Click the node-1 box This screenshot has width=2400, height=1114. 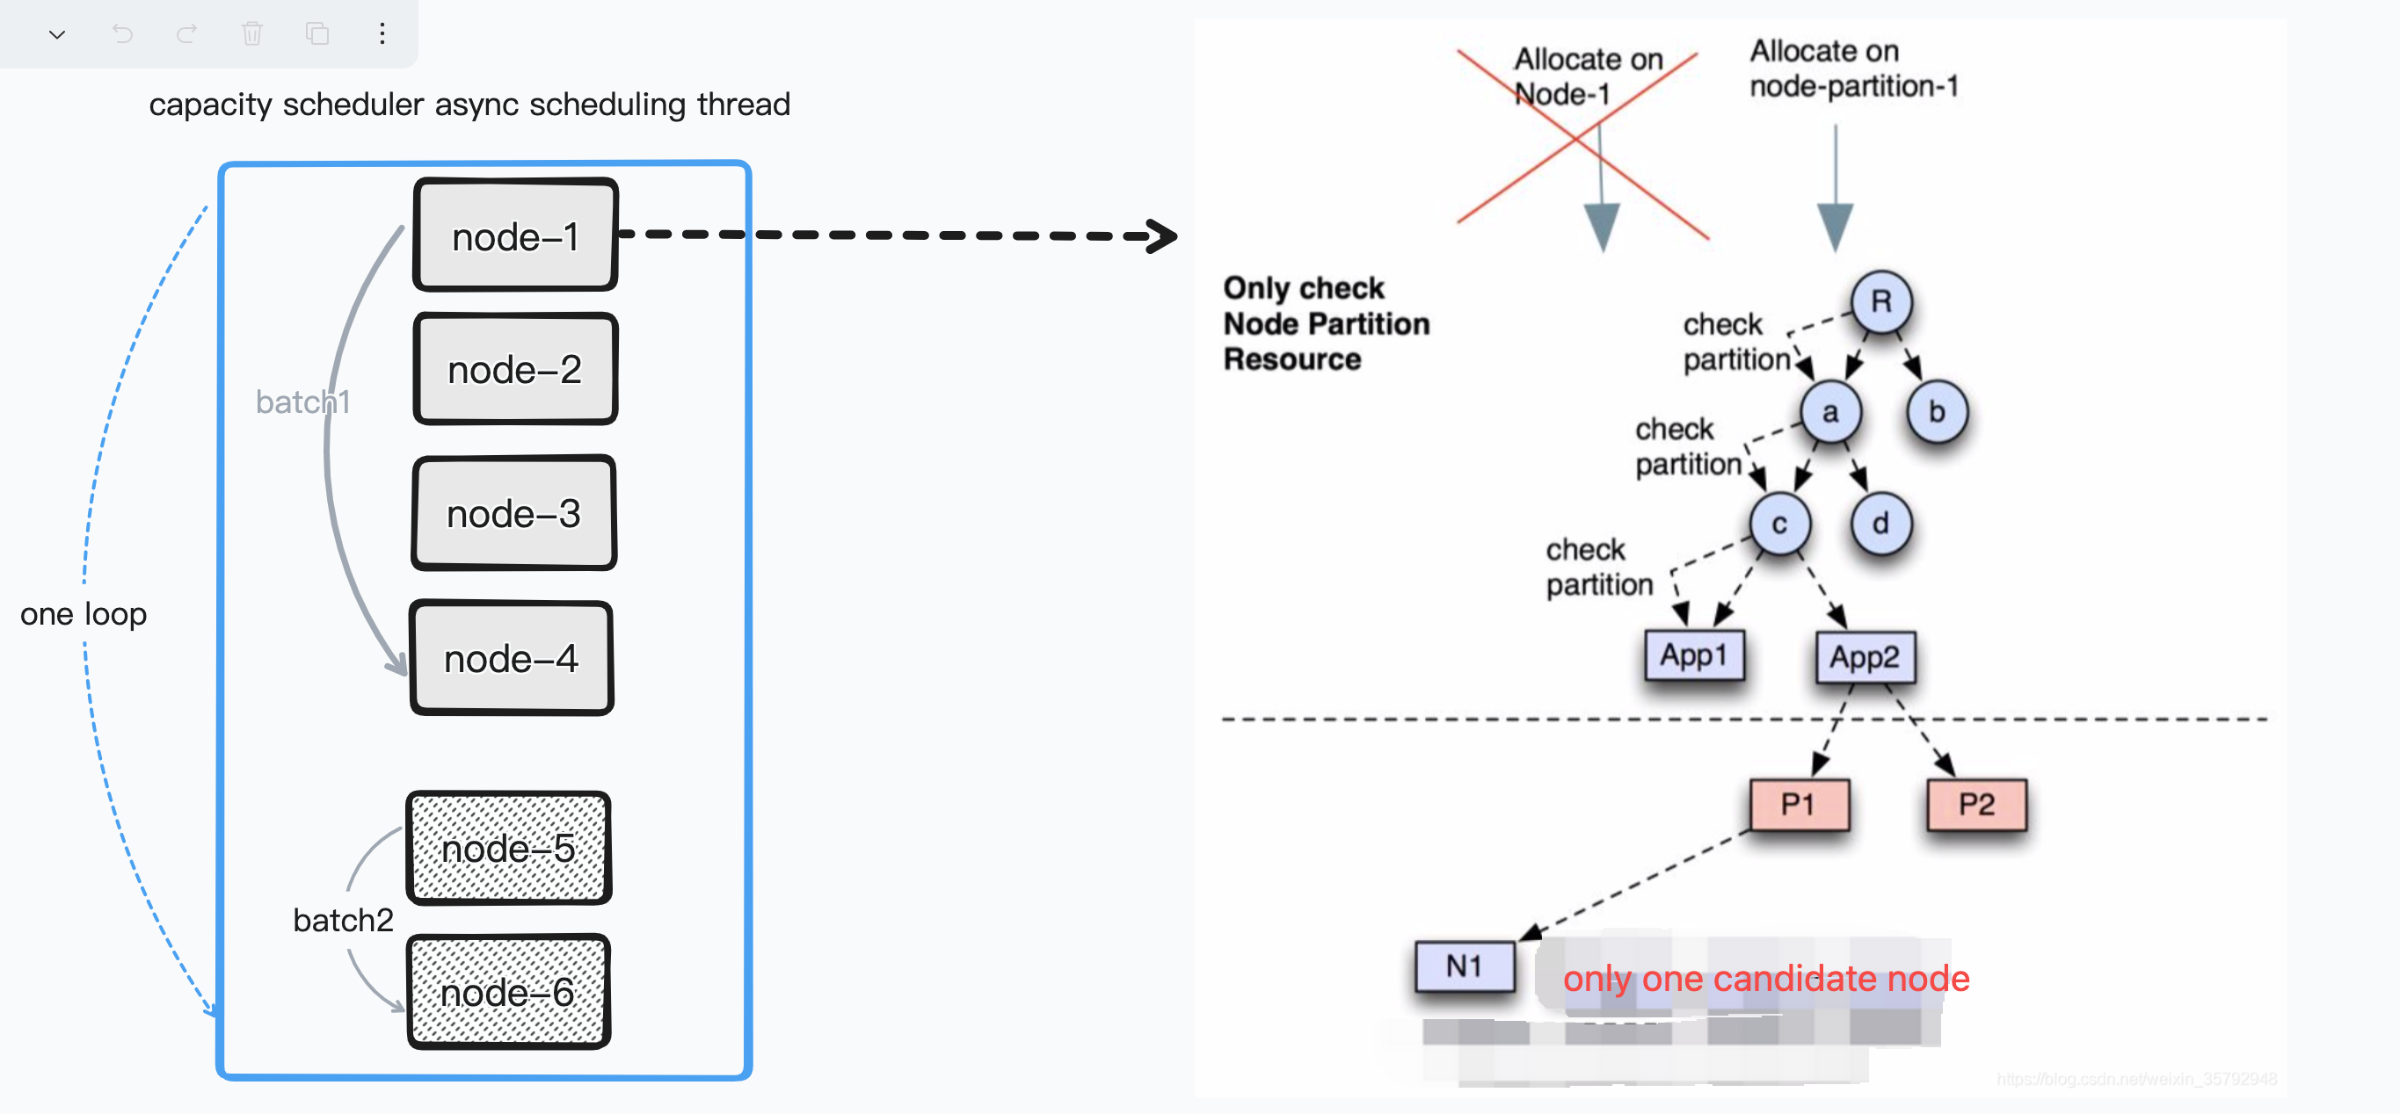[x=515, y=235]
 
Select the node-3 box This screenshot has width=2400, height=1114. [x=513, y=513]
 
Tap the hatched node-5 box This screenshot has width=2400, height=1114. [x=509, y=849]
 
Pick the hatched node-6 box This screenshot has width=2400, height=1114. [x=509, y=993]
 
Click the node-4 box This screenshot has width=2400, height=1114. [x=512, y=659]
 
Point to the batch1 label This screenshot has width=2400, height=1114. [x=302, y=402]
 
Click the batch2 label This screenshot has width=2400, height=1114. [x=343, y=920]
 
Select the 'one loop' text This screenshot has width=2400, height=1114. [x=84, y=614]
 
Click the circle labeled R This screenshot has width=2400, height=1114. [x=1881, y=302]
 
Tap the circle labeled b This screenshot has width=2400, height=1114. [x=1937, y=412]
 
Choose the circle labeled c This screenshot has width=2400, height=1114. [x=1779, y=524]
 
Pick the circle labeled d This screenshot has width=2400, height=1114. [x=1881, y=524]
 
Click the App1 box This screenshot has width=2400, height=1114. [x=1694, y=655]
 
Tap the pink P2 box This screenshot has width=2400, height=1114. [x=1976, y=805]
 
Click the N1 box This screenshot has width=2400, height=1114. [x=1464, y=966]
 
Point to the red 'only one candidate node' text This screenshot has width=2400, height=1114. [x=1765, y=978]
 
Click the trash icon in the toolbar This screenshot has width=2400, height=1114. [x=251, y=34]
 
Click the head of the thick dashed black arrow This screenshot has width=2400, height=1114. [x=1164, y=235]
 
